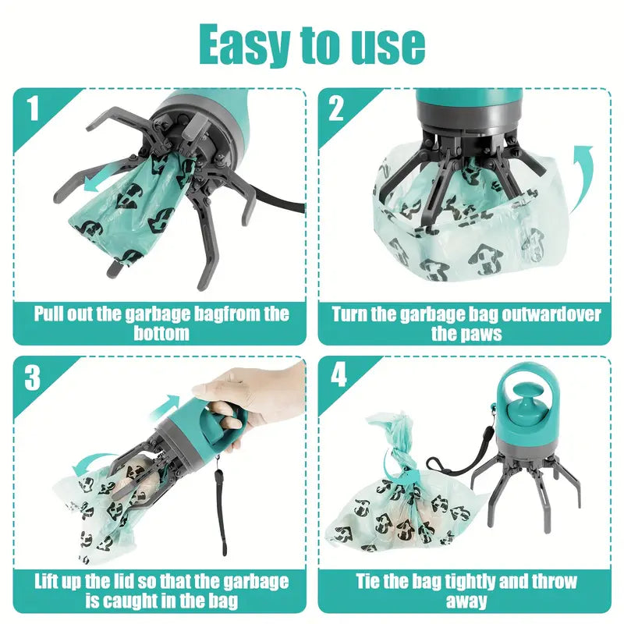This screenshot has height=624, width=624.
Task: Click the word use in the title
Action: (x=385, y=46)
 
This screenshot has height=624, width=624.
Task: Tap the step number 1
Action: (x=33, y=108)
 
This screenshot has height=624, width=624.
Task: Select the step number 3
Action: (x=33, y=377)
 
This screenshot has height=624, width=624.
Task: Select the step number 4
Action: (x=338, y=377)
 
